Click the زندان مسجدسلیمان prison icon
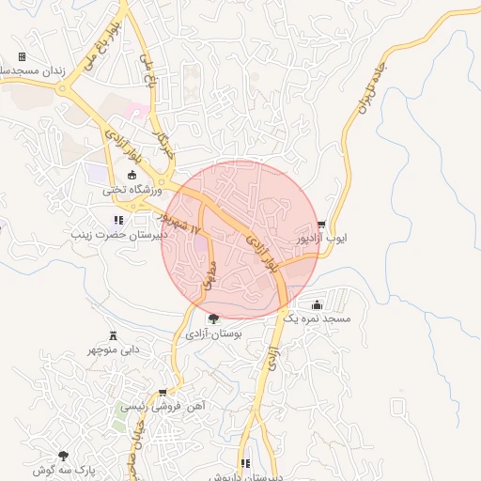22,57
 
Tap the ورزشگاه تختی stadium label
132,191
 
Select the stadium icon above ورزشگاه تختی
132,175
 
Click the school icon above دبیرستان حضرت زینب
117,221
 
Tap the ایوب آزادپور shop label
322,240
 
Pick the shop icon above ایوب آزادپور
322,225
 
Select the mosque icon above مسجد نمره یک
317,304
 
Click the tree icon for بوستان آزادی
213,318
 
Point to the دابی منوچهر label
114,349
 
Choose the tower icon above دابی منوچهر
114,335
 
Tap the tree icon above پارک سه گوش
64,456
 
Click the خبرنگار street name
166,133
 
